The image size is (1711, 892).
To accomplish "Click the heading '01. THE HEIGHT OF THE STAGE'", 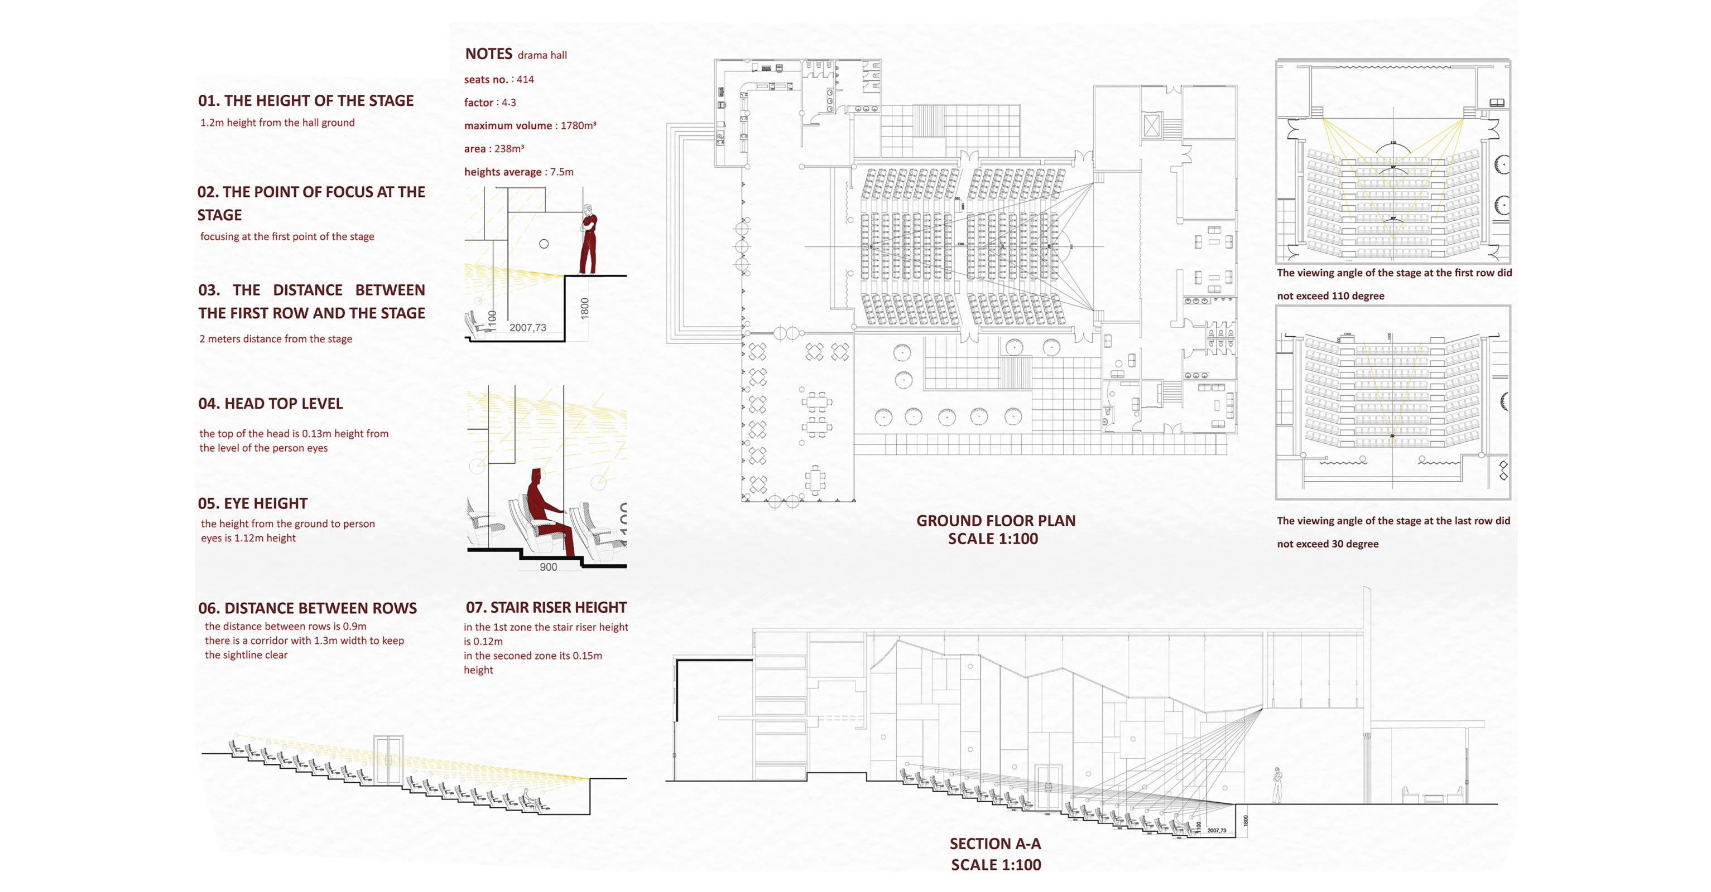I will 306,101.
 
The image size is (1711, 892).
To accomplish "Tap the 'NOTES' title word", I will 488,54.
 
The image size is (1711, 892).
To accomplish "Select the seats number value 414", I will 525,80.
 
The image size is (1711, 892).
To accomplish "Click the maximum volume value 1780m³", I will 578,125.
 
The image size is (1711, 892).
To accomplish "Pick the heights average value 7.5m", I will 561,172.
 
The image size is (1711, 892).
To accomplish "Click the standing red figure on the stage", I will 588,243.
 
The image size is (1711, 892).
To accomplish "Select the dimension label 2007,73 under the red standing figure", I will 527,328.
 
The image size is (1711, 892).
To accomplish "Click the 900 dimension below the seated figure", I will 549,568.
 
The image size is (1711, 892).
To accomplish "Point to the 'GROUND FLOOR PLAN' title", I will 996,521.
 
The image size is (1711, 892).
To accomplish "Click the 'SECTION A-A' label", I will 995,844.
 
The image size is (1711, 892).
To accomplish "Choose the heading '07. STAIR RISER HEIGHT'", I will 546,608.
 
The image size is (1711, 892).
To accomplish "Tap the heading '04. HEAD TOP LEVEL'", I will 270,404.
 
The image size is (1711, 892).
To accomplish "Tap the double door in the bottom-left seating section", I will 388,760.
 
